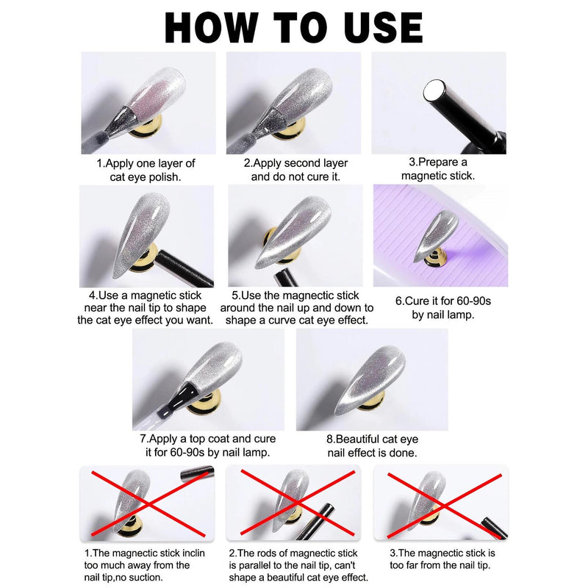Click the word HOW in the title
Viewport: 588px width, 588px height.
(212, 28)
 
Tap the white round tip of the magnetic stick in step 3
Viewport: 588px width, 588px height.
(434, 90)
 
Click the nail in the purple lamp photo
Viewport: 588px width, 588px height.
(436, 235)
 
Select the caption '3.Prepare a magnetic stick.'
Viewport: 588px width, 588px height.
(438, 169)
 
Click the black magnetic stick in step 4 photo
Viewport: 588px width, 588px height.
(184, 268)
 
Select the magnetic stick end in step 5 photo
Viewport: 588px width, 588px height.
(286, 278)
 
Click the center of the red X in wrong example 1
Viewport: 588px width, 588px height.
(149, 504)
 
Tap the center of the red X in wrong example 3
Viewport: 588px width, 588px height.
(444, 506)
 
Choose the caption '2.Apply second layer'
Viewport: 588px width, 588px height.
(295, 163)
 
